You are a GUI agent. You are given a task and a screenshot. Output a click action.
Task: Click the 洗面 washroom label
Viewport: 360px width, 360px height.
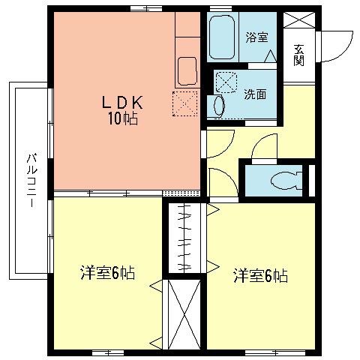(x=254, y=94)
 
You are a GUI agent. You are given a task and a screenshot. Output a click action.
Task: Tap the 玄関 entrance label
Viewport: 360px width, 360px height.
(x=298, y=55)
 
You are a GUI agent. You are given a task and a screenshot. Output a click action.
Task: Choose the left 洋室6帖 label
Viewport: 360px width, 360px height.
(x=107, y=274)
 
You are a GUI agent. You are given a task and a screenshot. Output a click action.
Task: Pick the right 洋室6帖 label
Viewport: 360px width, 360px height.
(x=259, y=275)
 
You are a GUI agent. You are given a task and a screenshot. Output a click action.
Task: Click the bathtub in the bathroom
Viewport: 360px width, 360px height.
(x=221, y=37)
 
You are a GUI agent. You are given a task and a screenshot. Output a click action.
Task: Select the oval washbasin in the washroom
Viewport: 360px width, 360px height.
(x=219, y=105)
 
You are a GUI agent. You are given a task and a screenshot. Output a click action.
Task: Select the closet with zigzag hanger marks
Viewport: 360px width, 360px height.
(x=184, y=238)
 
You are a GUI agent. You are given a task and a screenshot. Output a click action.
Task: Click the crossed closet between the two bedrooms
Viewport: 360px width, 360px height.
(x=184, y=313)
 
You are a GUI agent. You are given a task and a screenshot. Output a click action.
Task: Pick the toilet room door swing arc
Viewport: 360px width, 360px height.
(x=264, y=146)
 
